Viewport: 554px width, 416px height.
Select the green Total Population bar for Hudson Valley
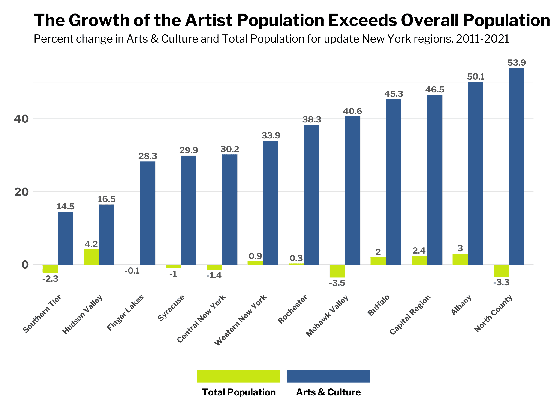point(91,257)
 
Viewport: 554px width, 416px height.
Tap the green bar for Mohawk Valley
point(337,271)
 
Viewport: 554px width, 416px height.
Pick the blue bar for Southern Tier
point(66,238)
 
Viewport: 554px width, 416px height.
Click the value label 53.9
point(516,63)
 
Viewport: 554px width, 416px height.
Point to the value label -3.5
point(337,283)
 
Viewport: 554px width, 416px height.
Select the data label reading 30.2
point(230,149)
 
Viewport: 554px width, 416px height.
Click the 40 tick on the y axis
point(21,119)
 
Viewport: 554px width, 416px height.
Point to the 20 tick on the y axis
point(21,192)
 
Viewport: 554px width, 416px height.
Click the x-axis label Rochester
point(292,309)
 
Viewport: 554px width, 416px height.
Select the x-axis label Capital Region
point(410,315)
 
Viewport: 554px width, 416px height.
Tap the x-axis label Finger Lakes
point(125,312)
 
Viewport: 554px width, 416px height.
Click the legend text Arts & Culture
point(328,392)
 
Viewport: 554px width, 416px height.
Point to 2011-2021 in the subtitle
point(482,39)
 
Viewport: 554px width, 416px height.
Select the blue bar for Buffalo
point(394,182)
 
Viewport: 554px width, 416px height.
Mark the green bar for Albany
point(460,259)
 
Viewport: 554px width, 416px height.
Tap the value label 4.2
point(91,244)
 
